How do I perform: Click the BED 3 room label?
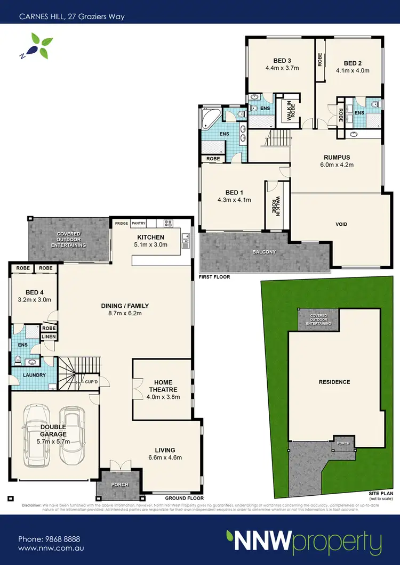[281, 60]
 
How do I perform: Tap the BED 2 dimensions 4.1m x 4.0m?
[353, 70]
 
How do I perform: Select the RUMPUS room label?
[337, 157]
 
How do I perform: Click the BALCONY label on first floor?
[265, 252]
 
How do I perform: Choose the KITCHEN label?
[151, 237]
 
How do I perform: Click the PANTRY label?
[138, 224]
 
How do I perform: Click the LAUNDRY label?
[33, 375]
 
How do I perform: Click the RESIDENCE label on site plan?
[334, 382]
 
